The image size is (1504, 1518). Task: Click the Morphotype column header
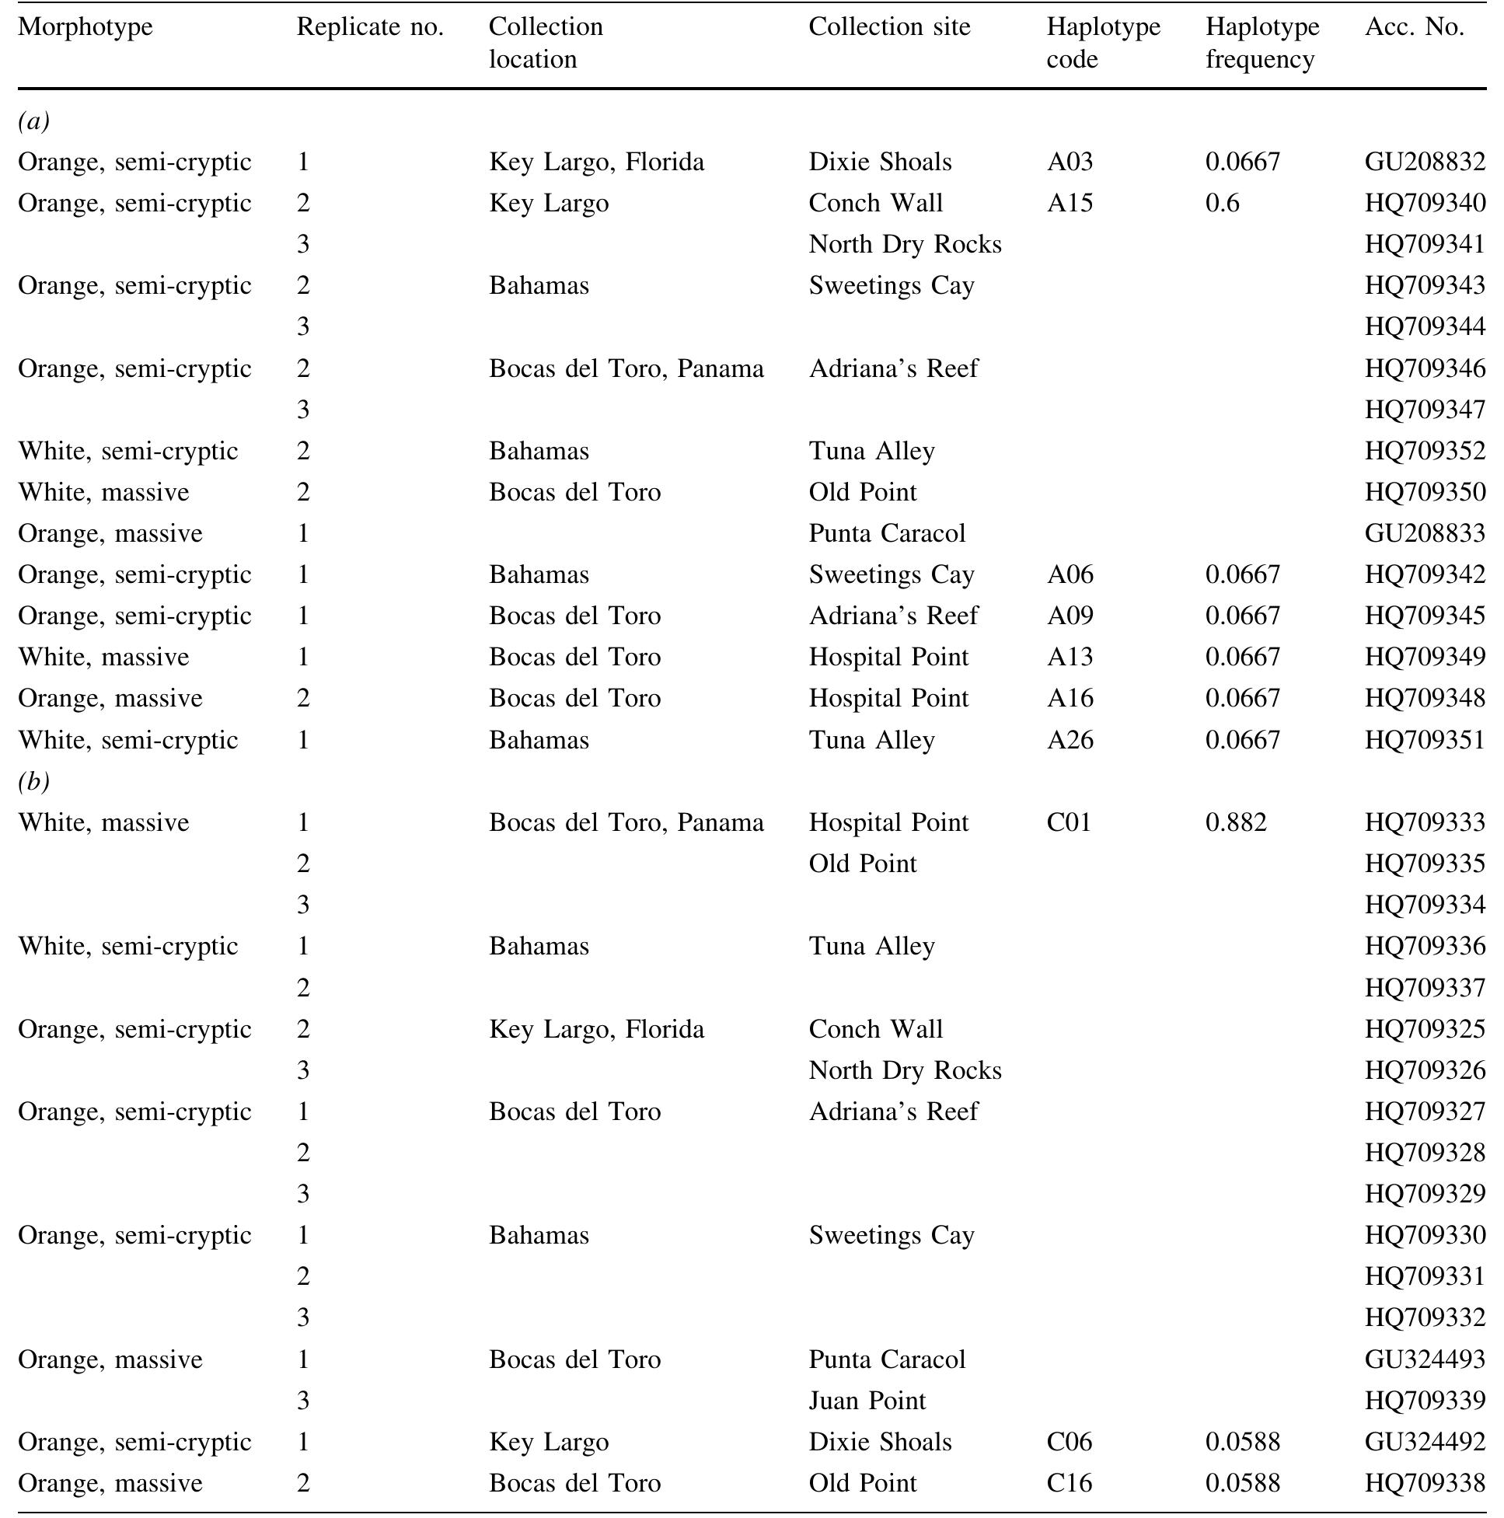pos(85,26)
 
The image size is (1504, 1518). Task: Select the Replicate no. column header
pos(369,26)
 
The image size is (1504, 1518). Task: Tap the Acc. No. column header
pos(1414,26)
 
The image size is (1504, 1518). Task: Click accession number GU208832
pos(1424,162)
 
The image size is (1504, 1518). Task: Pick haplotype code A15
pos(1070,203)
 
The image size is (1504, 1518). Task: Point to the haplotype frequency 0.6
pos(1222,203)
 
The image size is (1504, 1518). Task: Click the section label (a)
pos(33,121)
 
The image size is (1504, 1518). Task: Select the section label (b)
pos(33,781)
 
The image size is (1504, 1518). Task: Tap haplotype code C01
pos(1069,822)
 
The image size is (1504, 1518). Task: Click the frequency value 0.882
pos(1235,822)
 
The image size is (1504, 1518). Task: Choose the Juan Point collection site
pos(867,1400)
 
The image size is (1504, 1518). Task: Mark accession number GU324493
pos(1424,1359)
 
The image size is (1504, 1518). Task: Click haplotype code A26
pos(1070,739)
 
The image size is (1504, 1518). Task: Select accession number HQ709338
pos(1424,1483)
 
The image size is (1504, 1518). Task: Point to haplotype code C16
pos(1069,1483)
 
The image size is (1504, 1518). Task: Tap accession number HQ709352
pos(1424,451)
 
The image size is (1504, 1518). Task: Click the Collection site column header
pos(888,26)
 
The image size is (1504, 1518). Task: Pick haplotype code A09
pos(1070,616)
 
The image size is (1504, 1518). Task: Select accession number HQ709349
pos(1424,657)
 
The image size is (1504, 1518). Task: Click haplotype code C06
pos(1069,1442)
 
